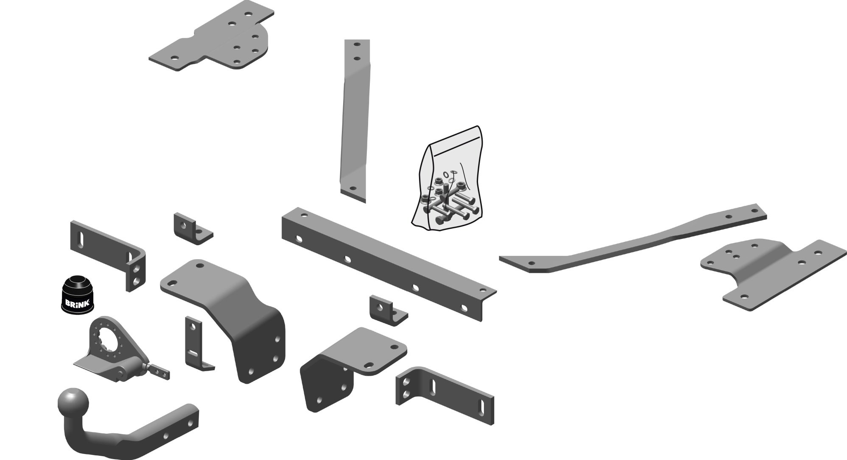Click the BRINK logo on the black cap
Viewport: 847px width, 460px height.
point(76,303)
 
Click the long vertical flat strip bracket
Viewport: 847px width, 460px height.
point(355,121)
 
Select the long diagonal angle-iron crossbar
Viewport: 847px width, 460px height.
point(389,263)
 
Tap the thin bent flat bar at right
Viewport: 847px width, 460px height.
point(633,239)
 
